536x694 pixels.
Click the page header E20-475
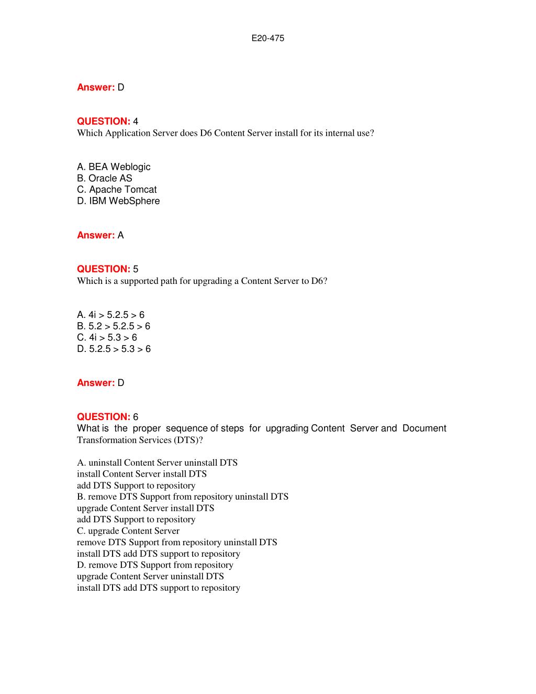(x=267, y=38)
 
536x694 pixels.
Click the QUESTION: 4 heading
(x=107, y=122)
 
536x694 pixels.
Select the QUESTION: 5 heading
(x=107, y=269)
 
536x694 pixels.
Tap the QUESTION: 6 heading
(x=107, y=417)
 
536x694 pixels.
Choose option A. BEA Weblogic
(x=114, y=167)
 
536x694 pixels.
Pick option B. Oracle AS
(x=105, y=179)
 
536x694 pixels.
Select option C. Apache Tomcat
(x=117, y=190)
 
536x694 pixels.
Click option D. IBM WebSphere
(x=118, y=201)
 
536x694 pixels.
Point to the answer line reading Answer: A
(x=100, y=235)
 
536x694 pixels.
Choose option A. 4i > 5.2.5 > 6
(x=110, y=315)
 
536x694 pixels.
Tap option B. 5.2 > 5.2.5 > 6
(x=114, y=326)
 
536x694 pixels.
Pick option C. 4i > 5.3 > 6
(x=107, y=338)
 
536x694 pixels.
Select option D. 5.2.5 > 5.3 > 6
(x=114, y=349)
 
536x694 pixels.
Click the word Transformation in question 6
(x=107, y=440)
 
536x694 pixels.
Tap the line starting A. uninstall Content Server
(x=157, y=463)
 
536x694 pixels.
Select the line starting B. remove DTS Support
(x=183, y=497)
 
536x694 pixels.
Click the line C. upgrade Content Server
(x=128, y=531)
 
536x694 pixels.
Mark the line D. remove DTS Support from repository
(x=155, y=565)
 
